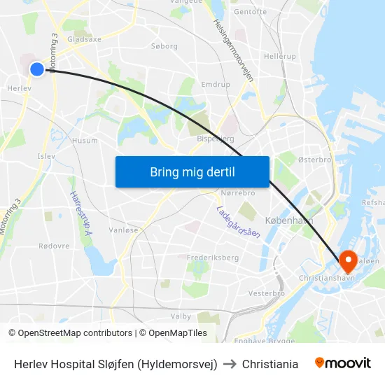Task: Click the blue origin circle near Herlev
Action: click(x=37, y=69)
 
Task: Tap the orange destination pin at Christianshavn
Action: click(x=348, y=262)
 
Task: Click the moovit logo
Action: click(x=342, y=363)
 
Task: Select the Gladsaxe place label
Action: click(x=83, y=39)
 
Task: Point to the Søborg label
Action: click(x=164, y=46)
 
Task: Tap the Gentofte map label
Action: click(x=250, y=12)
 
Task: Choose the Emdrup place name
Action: click(x=215, y=84)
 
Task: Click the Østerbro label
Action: click(x=314, y=160)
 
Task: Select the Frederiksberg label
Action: click(x=213, y=258)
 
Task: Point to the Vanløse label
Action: click(x=124, y=230)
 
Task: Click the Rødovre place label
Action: click(x=54, y=246)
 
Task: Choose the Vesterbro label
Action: click(x=266, y=293)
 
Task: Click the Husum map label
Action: click(x=85, y=141)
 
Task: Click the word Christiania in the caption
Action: click(x=270, y=364)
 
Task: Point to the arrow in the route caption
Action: click(x=230, y=364)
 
